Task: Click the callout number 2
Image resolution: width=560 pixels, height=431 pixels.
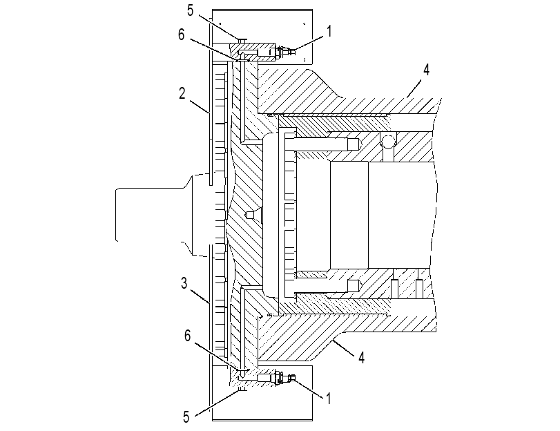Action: click(x=182, y=94)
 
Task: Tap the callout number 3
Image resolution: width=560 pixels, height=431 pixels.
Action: click(x=184, y=283)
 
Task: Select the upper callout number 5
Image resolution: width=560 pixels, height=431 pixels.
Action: click(x=190, y=11)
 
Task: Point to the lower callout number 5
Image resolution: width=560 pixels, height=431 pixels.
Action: click(x=186, y=417)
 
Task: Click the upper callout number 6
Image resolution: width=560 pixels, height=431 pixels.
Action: click(x=182, y=35)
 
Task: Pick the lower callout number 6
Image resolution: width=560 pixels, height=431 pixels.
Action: click(x=188, y=336)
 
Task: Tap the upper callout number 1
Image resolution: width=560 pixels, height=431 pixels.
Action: click(x=329, y=31)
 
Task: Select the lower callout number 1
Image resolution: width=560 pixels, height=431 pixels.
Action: click(x=329, y=399)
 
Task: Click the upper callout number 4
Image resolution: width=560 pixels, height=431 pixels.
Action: click(x=426, y=70)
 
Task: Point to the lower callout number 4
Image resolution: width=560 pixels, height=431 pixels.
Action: click(x=361, y=357)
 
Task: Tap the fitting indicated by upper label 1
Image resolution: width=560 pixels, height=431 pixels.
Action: click(x=284, y=52)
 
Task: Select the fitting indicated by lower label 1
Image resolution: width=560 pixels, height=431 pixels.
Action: click(x=284, y=378)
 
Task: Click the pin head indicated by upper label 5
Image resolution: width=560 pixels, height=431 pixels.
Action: click(x=242, y=40)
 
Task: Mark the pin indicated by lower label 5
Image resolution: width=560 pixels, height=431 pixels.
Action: click(x=242, y=389)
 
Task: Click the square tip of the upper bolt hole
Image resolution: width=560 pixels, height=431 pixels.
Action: click(x=354, y=144)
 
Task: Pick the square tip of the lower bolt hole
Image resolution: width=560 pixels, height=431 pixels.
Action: click(x=354, y=285)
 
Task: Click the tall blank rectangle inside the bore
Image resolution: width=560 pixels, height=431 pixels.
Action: click(x=349, y=215)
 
